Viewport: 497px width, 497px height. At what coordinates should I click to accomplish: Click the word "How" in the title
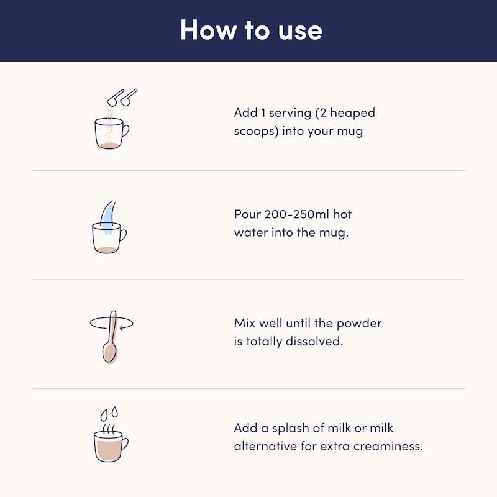coord(208,30)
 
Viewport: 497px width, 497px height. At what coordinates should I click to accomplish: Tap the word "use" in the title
coord(300,32)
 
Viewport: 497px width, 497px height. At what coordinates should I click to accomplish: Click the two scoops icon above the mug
coord(122,98)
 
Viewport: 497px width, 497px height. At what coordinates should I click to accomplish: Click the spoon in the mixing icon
coord(110,337)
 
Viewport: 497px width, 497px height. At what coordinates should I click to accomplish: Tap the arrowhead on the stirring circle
coord(122,327)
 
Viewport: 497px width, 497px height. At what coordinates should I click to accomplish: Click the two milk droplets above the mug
coord(109,414)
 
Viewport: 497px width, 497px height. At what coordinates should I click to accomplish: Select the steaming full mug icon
coord(111,443)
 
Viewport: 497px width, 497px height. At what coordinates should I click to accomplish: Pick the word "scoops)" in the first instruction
coord(256,131)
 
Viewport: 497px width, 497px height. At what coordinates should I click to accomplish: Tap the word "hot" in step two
coord(342,214)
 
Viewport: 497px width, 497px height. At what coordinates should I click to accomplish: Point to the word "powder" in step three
coord(359,324)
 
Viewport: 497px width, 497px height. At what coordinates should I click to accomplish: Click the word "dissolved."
coord(314,341)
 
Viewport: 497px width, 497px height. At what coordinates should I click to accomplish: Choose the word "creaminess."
coord(388,446)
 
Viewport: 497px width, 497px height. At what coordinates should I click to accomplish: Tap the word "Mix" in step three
coord(245,323)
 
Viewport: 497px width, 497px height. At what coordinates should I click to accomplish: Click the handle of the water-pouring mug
coord(123,235)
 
